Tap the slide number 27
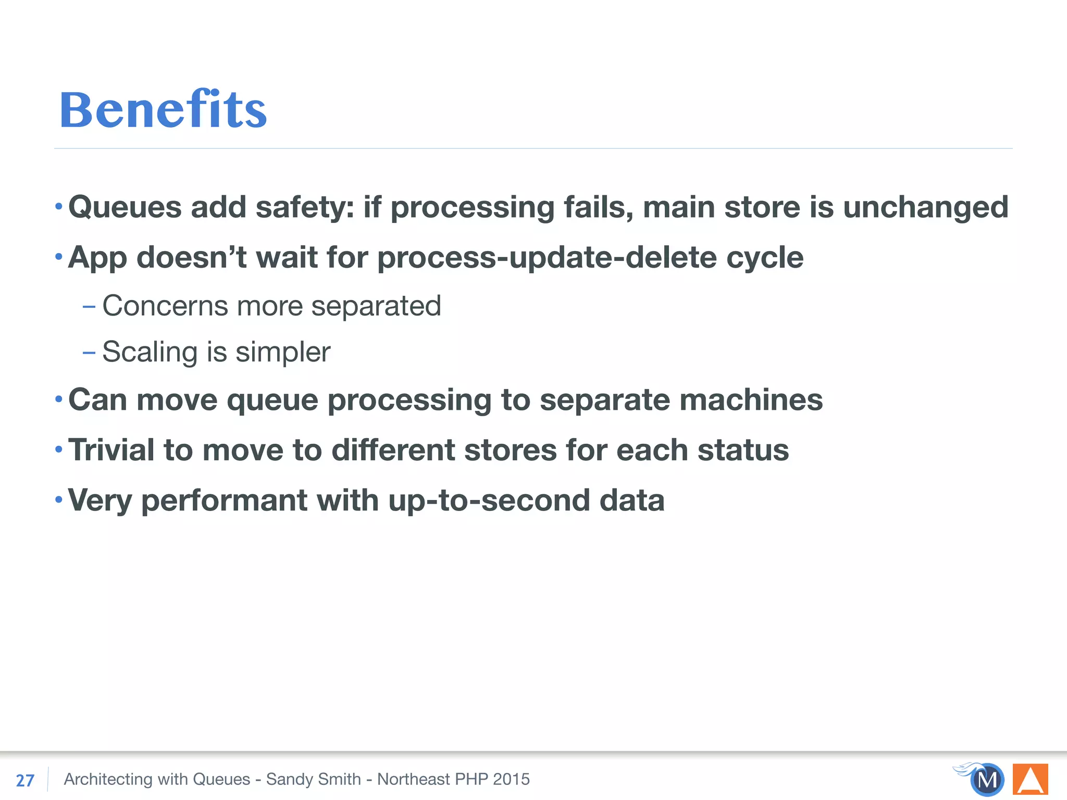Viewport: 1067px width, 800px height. tap(25, 780)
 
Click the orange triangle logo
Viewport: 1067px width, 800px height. tap(1030, 779)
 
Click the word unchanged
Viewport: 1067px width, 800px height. tap(925, 207)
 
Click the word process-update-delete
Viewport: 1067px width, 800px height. tap(547, 257)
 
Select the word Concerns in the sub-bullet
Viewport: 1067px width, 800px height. tap(165, 306)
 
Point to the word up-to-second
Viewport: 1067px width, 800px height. tap(489, 501)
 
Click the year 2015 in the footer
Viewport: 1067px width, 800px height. tap(511, 779)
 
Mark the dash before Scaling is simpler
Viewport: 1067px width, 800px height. tap(89, 353)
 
